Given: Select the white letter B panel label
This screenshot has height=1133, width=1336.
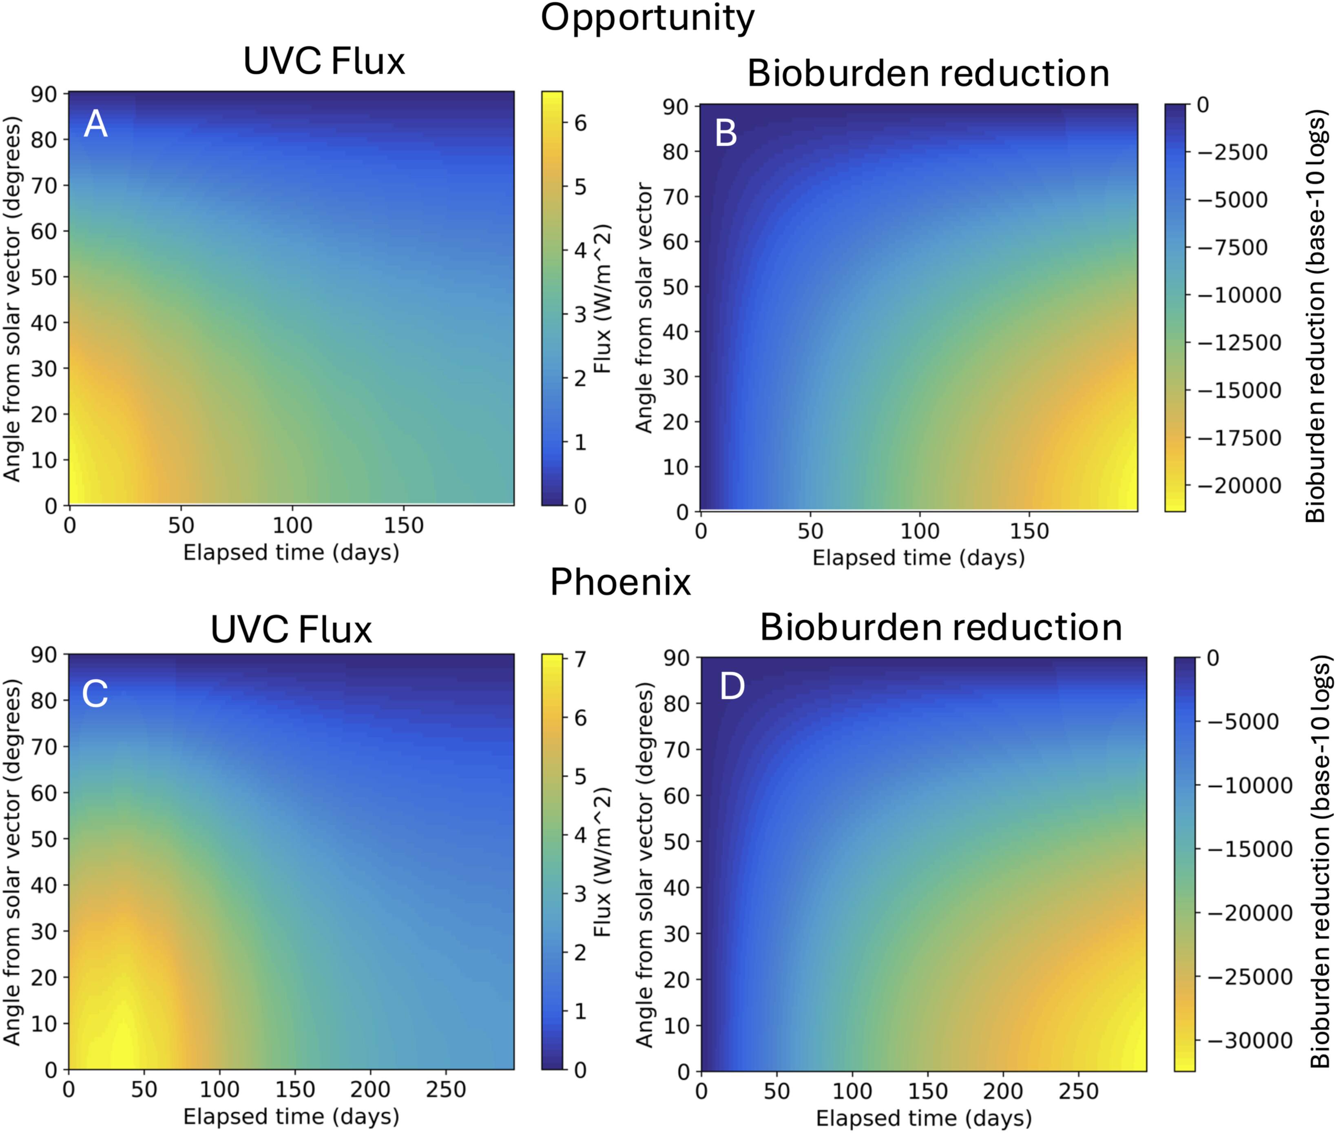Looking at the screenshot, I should click(726, 133).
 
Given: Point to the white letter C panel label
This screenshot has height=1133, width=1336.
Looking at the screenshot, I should click(95, 694).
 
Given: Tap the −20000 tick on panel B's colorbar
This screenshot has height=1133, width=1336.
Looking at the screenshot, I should click(1239, 486).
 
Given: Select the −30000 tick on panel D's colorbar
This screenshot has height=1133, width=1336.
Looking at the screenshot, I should click(1249, 1040).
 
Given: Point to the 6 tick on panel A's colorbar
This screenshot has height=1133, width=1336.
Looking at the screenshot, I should click(580, 123).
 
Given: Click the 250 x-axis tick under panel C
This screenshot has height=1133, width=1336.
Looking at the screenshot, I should click(446, 1090).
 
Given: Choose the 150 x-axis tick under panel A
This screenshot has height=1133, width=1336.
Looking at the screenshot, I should click(404, 526).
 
